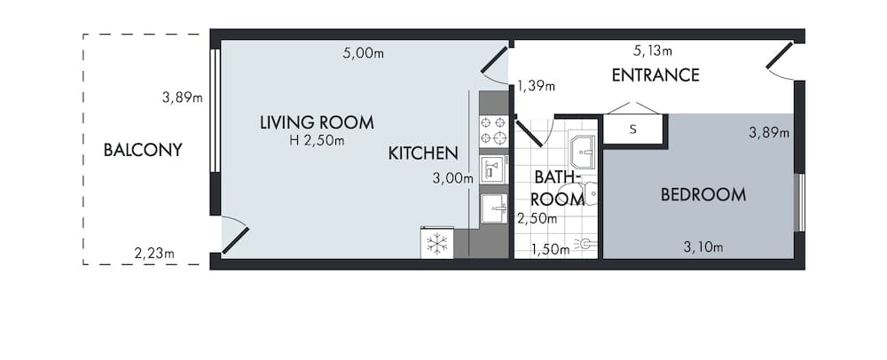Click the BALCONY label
click(143, 150)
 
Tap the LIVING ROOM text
click(317, 122)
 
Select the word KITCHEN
click(423, 153)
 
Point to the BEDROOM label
click(703, 195)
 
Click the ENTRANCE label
click(655, 75)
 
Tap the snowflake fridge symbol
click(436, 244)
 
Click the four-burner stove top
click(493, 130)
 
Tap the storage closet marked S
click(632, 129)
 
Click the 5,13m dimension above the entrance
click(652, 51)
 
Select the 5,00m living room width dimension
click(363, 53)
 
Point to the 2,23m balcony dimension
click(154, 254)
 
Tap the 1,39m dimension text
click(536, 86)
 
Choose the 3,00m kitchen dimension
click(452, 177)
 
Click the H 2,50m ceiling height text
click(317, 140)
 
